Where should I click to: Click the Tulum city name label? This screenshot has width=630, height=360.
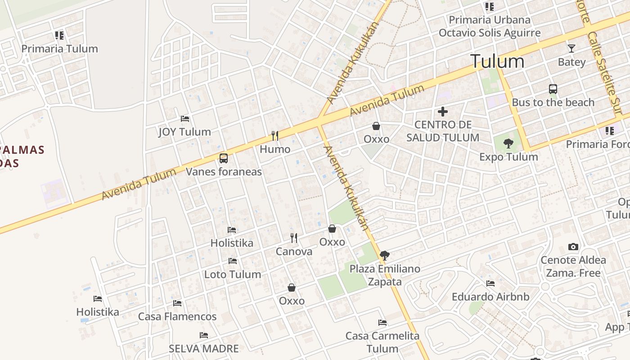497,61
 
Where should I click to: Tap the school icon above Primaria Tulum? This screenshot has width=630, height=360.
59,35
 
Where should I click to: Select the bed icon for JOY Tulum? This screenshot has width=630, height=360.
185,119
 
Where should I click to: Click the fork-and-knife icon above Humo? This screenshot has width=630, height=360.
275,135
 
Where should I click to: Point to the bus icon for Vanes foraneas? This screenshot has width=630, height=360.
224,158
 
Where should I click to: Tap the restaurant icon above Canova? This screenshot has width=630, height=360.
294,238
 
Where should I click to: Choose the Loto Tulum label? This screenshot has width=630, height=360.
232,274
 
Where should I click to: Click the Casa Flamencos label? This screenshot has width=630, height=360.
177,316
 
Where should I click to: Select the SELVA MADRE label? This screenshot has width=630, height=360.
203,348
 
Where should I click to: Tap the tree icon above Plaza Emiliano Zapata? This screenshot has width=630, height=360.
385,256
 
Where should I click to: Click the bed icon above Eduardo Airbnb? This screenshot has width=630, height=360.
490,283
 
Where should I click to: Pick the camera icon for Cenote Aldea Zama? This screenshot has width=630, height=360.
573,247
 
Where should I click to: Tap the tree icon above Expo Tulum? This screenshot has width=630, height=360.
508,144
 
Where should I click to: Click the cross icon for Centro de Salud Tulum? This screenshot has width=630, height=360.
443,112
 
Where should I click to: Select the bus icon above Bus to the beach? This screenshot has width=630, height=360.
553,89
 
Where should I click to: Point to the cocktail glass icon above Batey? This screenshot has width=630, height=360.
571,49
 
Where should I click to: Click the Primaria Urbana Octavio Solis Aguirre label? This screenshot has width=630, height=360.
490,26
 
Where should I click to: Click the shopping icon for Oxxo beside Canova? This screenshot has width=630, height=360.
332,229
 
